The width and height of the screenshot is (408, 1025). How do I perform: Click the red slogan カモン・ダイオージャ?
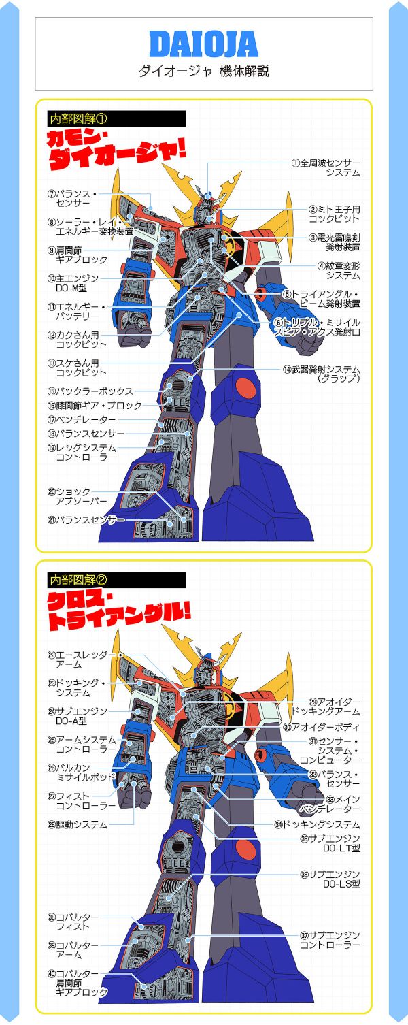pos(117,150)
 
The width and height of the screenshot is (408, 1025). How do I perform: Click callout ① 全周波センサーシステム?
pos(326,168)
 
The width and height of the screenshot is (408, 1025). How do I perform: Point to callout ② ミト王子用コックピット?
pos(334,214)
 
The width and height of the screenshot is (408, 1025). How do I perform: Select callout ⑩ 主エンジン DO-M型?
pos(73,283)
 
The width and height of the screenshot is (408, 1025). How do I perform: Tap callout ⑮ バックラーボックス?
pos(90,391)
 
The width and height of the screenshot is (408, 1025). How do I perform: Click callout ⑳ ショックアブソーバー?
pos(77,496)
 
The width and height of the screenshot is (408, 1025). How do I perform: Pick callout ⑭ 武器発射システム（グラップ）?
pos(321,374)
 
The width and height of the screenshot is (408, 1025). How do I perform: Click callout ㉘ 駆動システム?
pos(78,825)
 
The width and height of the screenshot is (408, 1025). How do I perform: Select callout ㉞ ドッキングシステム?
pos(317,825)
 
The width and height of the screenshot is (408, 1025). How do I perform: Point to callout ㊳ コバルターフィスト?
pos(73,922)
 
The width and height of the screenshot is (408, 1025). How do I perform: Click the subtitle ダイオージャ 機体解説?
pos(203,71)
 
